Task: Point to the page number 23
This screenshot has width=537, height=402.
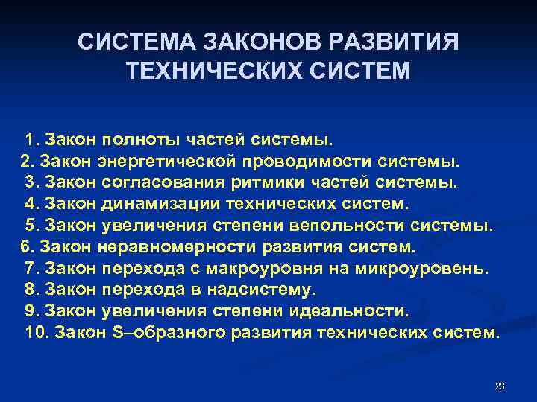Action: [x=500, y=386]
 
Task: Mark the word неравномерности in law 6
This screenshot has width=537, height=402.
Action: [x=155, y=246]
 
